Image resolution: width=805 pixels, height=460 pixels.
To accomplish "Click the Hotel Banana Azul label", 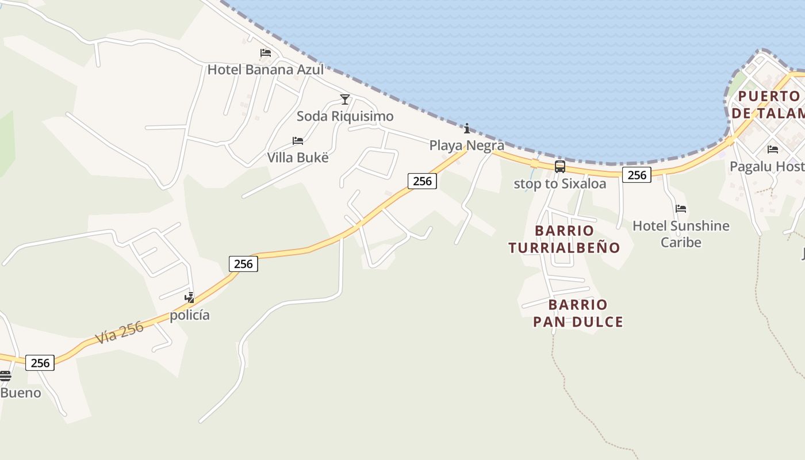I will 265,70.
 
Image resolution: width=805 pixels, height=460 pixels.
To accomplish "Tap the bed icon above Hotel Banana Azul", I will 266,53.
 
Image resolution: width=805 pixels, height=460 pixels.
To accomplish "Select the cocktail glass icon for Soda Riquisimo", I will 345,99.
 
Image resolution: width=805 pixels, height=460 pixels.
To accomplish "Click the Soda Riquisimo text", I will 345,117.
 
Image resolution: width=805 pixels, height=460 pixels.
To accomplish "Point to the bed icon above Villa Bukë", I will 298,140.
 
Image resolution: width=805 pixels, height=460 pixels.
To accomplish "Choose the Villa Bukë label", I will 298,158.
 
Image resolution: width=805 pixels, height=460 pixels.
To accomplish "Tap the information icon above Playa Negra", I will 467,128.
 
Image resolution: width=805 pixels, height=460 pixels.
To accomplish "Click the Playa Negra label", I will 467,145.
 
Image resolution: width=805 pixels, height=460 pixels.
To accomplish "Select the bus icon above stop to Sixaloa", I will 559,167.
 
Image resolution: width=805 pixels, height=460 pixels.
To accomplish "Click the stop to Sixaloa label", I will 559,184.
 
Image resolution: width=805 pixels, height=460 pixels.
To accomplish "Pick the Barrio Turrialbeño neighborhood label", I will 564,239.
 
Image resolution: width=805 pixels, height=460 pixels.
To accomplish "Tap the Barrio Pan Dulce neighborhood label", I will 578,313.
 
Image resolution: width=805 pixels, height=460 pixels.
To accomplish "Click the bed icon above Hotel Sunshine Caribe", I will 681,208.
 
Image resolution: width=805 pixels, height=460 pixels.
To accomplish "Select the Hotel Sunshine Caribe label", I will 681,233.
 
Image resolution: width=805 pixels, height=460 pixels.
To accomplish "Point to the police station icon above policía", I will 189,298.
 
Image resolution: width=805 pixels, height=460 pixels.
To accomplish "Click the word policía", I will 189,315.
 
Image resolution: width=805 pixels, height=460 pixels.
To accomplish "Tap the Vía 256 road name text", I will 120,332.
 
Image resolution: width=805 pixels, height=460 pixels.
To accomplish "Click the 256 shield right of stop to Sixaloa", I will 637,175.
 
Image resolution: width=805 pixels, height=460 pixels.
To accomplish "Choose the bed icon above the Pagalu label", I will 773,149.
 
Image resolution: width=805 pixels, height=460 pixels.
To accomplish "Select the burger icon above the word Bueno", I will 5,376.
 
